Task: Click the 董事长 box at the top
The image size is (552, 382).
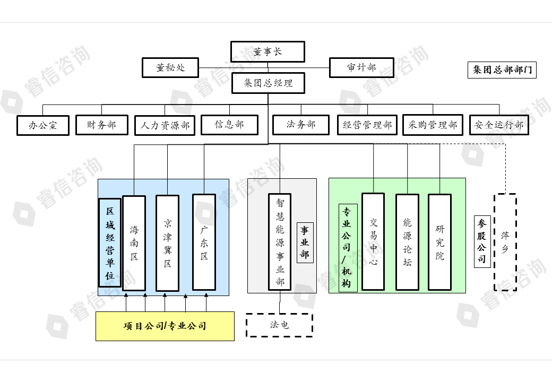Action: pyautogui.click(x=268, y=52)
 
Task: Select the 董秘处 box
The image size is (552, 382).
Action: pyautogui.click(x=170, y=68)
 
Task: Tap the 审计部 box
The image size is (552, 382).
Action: pyautogui.click(x=361, y=68)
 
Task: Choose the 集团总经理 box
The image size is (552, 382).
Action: pyautogui.click(x=268, y=84)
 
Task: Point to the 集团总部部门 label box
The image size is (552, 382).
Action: pyautogui.click(x=502, y=70)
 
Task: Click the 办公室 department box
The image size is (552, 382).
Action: pyautogui.click(x=43, y=126)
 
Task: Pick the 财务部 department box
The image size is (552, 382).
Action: pyautogui.click(x=102, y=125)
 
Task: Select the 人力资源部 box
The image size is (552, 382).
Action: pyautogui.click(x=165, y=126)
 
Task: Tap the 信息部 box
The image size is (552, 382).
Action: pyautogui.click(x=229, y=125)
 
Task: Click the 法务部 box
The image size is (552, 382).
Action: pyautogui.click(x=301, y=125)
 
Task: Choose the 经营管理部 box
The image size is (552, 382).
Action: pyautogui.click(x=367, y=125)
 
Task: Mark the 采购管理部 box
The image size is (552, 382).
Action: pyautogui.click(x=433, y=125)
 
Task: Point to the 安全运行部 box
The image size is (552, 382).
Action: pyautogui.click(x=499, y=125)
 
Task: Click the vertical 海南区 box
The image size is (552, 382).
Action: pyautogui.click(x=134, y=243)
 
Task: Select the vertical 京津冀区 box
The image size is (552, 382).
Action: pyautogui.click(x=167, y=243)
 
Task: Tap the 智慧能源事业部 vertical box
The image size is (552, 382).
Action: pyautogui.click(x=280, y=241)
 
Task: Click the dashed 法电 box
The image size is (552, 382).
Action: pyautogui.click(x=279, y=325)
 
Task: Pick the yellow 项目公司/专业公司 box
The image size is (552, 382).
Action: pyautogui.click(x=165, y=326)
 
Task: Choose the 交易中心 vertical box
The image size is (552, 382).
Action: pyautogui.click(x=373, y=241)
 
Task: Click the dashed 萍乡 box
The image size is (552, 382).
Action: pyautogui.click(x=505, y=242)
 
